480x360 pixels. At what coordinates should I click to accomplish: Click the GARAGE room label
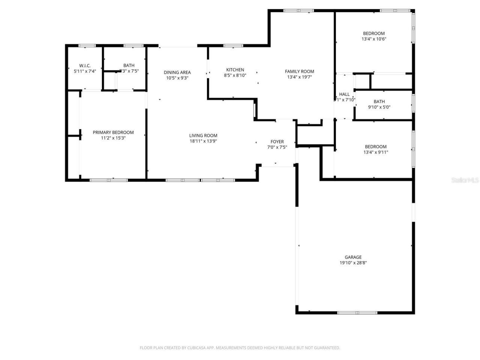353,257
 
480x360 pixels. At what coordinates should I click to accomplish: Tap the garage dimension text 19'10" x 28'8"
353,263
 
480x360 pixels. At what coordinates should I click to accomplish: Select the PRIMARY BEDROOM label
113,132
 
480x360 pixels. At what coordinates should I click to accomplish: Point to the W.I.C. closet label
85,66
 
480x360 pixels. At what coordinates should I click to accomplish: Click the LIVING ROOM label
203,136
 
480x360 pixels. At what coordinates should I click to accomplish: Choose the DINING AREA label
177,72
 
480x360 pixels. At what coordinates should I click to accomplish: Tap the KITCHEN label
235,70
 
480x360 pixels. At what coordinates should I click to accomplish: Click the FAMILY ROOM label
299,71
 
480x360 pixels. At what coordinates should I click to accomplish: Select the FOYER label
277,142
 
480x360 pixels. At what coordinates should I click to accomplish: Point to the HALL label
344,94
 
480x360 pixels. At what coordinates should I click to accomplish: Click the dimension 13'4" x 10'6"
374,39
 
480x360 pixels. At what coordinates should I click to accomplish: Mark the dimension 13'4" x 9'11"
375,152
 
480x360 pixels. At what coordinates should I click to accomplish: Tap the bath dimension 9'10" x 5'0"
379,107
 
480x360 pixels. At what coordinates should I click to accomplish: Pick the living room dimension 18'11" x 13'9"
203,141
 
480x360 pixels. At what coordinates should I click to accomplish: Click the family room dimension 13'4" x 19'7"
299,77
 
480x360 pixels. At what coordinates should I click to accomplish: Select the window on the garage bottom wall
357,312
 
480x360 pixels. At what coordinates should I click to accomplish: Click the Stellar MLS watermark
465,180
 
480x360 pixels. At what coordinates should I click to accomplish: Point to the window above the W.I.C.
87,46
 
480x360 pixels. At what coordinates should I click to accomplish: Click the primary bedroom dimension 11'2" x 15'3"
113,138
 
